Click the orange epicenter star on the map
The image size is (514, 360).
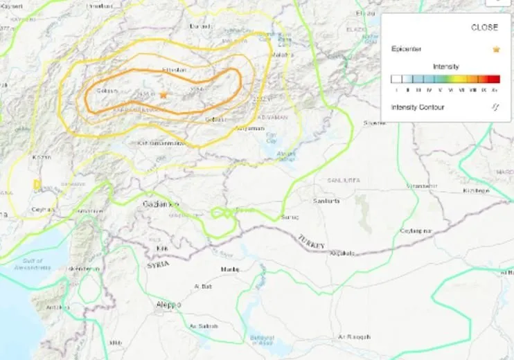click(x=163, y=94)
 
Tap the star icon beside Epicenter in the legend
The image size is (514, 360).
click(x=496, y=49)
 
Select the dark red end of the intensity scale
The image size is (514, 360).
click(x=495, y=79)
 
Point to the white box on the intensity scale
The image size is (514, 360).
click(x=396, y=79)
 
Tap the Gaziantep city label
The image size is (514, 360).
click(x=161, y=205)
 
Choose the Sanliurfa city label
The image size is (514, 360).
click(x=326, y=201)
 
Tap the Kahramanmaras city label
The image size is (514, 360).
click(x=161, y=143)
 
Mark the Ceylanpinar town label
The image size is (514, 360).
click(x=417, y=231)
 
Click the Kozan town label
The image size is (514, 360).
click(x=42, y=158)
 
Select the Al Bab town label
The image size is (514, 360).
click(x=203, y=285)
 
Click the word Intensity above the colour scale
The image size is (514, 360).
click(x=445, y=66)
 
